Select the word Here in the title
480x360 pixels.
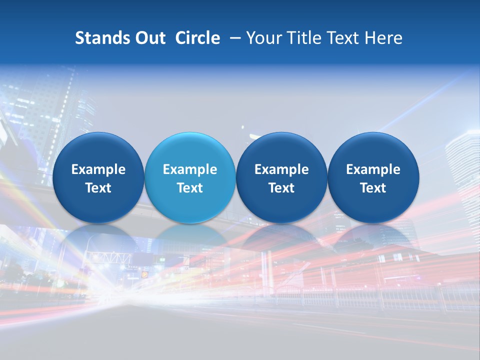point(383,38)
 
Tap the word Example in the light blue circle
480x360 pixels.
point(190,169)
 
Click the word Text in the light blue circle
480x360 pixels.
point(190,188)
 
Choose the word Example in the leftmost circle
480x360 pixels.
point(98,169)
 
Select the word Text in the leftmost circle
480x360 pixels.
point(98,188)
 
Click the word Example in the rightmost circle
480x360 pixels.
point(373,169)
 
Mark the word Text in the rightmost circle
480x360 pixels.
point(373,188)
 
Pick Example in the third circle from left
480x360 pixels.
point(281,169)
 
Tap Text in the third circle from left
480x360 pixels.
point(281,188)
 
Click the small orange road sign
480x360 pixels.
point(144,274)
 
